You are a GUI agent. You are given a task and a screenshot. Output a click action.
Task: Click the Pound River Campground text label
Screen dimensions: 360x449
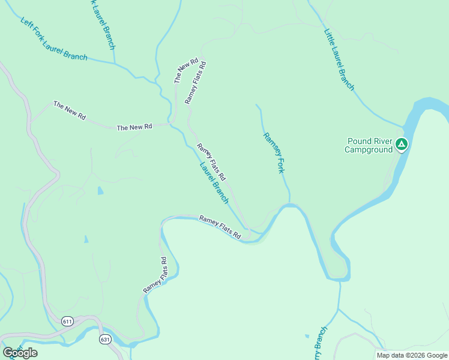[x=369, y=146]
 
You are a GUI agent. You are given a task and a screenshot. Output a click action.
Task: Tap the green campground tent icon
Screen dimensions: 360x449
[x=402, y=144]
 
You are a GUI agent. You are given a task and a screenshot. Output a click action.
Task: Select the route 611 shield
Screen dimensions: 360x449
[x=68, y=321]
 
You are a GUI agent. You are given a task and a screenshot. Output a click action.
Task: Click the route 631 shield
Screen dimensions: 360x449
[x=106, y=339]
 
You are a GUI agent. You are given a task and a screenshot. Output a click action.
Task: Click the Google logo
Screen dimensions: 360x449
[x=20, y=353]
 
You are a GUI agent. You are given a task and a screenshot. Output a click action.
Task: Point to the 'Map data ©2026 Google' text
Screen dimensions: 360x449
[x=411, y=355]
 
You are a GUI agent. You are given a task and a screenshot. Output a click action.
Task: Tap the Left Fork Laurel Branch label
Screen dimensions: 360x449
[x=54, y=39]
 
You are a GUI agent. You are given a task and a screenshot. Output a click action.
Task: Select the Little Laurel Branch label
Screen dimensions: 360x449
[x=339, y=60]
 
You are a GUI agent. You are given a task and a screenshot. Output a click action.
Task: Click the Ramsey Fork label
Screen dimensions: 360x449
[x=273, y=153]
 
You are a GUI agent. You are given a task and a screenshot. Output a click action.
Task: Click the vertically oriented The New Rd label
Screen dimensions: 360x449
[x=186, y=71]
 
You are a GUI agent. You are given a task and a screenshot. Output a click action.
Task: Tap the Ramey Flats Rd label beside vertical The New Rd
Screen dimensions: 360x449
[x=196, y=82]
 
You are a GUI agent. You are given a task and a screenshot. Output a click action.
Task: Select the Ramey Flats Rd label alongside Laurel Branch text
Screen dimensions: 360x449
[x=211, y=162]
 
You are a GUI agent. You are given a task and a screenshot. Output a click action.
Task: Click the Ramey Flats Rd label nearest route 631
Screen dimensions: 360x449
[x=155, y=275]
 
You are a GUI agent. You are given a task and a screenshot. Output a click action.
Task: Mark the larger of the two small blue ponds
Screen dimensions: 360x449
[x=100, y=191]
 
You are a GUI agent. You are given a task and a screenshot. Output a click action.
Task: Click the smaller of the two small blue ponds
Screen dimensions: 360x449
[x=86, y=239]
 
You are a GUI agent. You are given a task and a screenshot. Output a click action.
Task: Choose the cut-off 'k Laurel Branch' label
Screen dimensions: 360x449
[x=100, y=24]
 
